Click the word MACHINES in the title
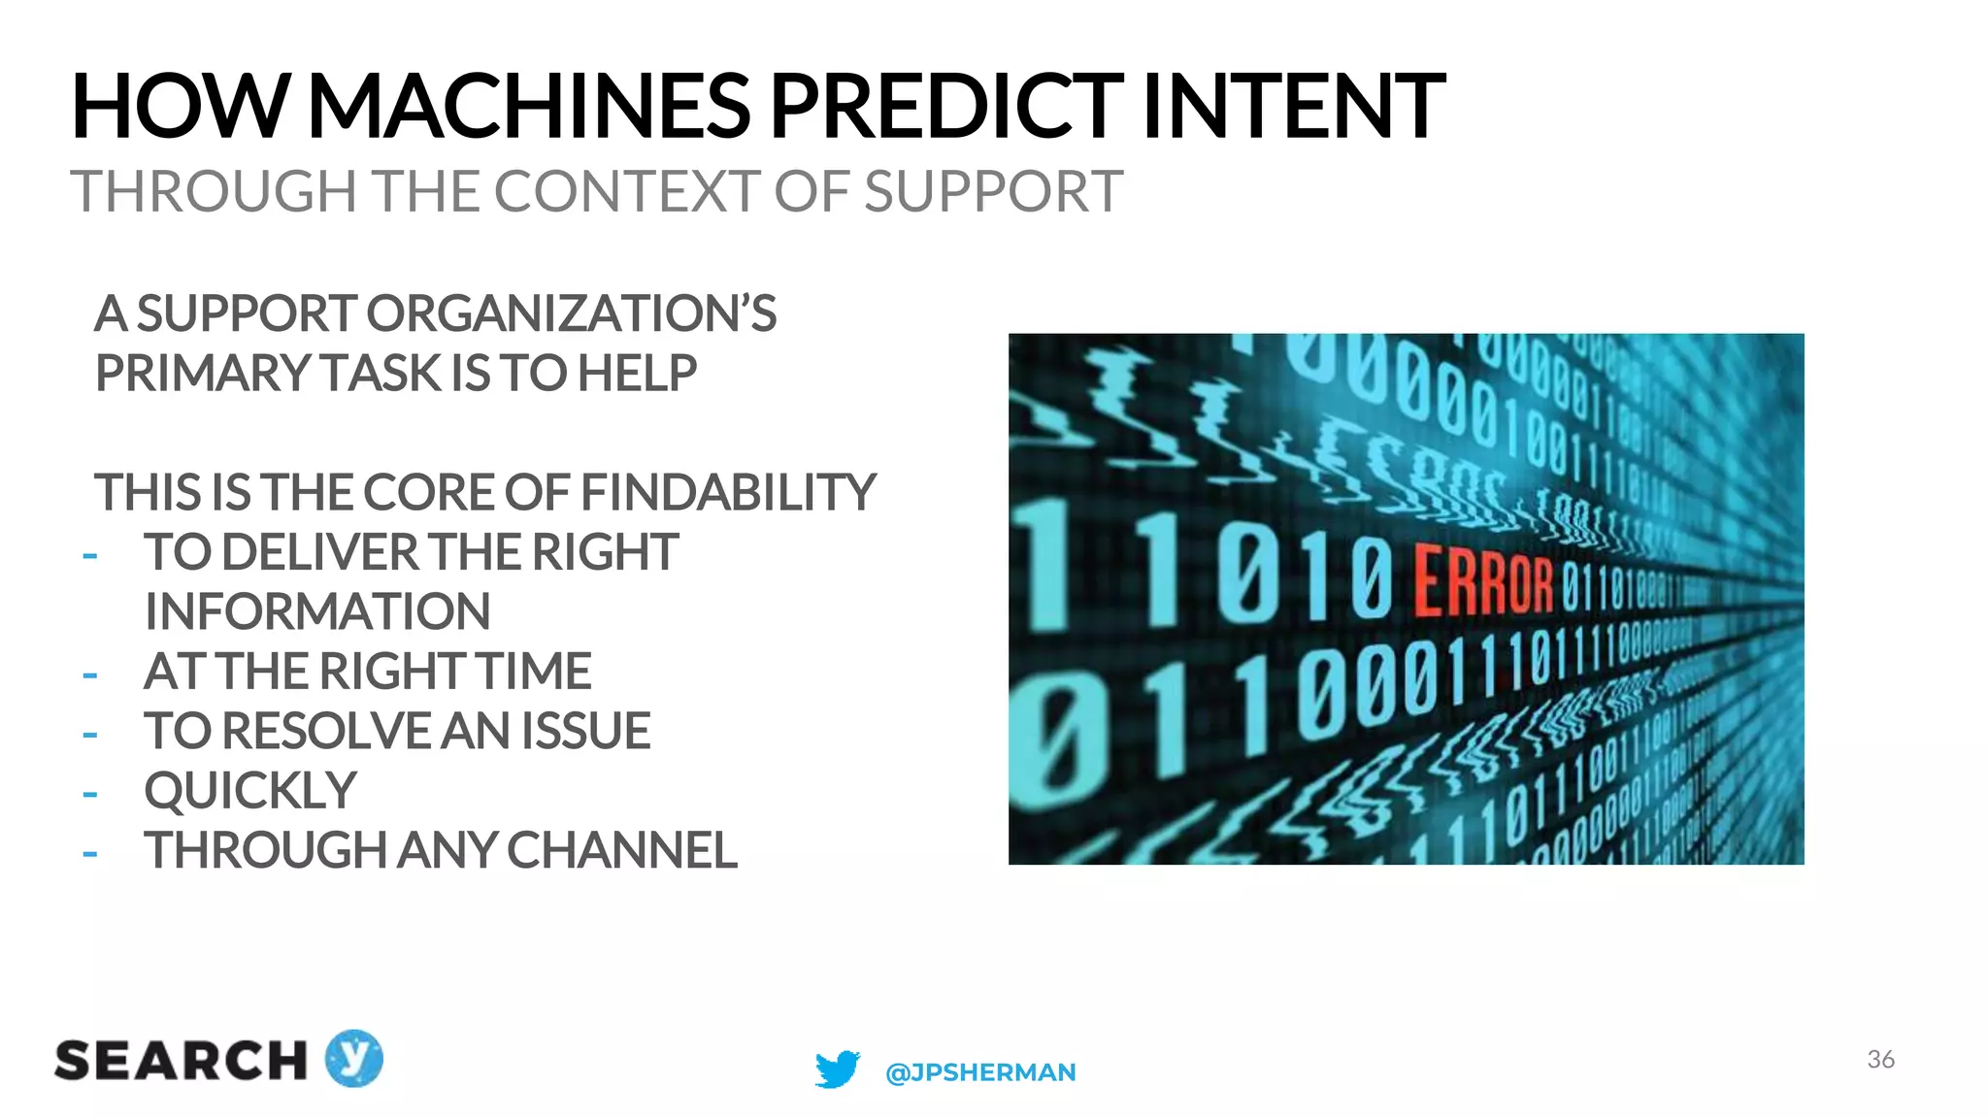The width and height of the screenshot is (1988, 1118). point(529,106)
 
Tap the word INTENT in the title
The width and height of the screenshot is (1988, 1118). point(1294,106)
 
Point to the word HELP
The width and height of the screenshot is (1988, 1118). point(637,374)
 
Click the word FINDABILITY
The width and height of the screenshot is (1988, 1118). point(728,493)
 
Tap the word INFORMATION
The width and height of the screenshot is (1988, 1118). point(317,612)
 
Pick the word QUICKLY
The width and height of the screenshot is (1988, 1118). point(250,791)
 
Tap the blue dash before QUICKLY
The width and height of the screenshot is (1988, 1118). point(90,795)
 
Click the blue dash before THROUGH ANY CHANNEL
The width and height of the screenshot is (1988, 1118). point(90,854)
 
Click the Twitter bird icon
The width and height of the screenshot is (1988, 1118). point(837,1069)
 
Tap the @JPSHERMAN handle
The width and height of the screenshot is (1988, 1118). point(980,1072)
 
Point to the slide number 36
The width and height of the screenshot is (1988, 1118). point(1880,1059)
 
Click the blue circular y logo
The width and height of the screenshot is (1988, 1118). point(353,1058)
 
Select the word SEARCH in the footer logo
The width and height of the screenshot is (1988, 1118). point(181,1061)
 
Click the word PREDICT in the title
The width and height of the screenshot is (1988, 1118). point(945,106)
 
